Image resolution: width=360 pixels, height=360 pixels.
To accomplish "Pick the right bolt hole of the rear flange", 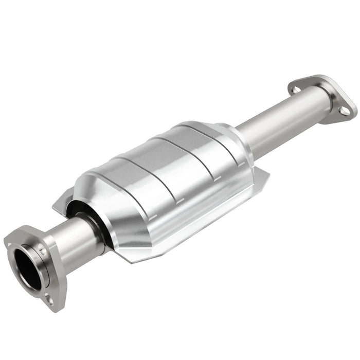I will pos(346,110).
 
